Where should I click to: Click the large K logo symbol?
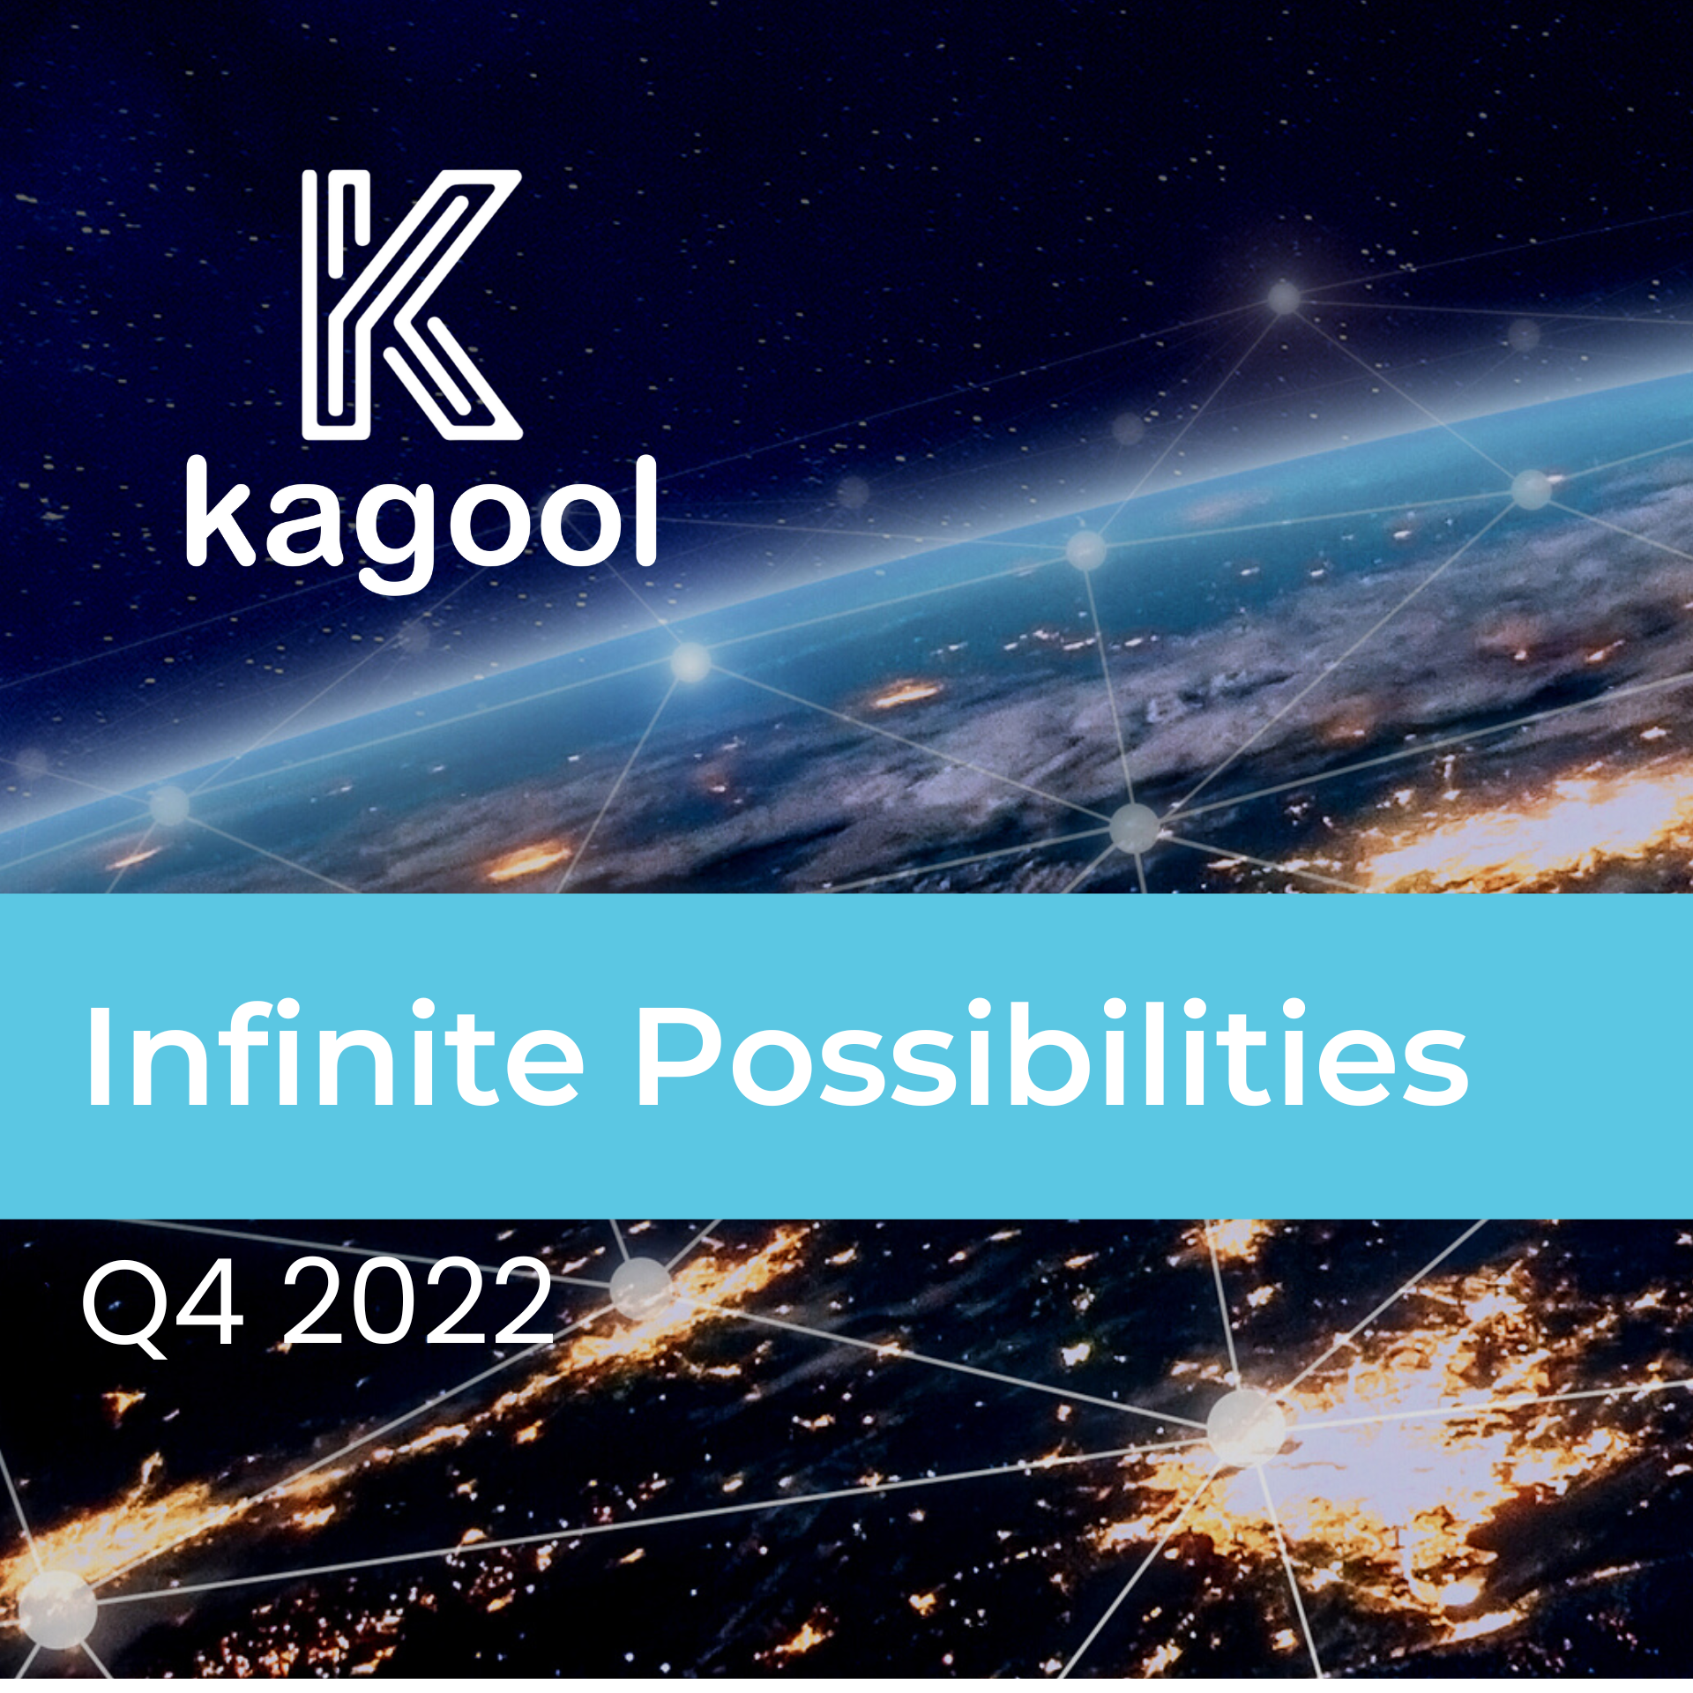pos(412,305)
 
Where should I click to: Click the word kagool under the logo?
pos(421,523)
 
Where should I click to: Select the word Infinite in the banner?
pos(334,1053)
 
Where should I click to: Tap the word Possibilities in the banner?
pos(1052,1053)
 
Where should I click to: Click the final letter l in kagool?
pos(645,511)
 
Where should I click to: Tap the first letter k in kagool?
pos(221,511)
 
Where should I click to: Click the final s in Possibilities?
pos(1435,1067)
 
